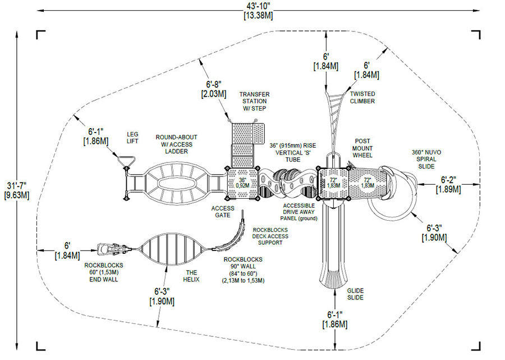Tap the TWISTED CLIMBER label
click(x=362, y=97)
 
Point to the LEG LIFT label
click(x=132, y=137)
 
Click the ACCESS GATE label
click(x=223, y=212)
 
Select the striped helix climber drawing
click(x=169, y=248)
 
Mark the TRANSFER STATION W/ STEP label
click(x=254, y=101)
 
